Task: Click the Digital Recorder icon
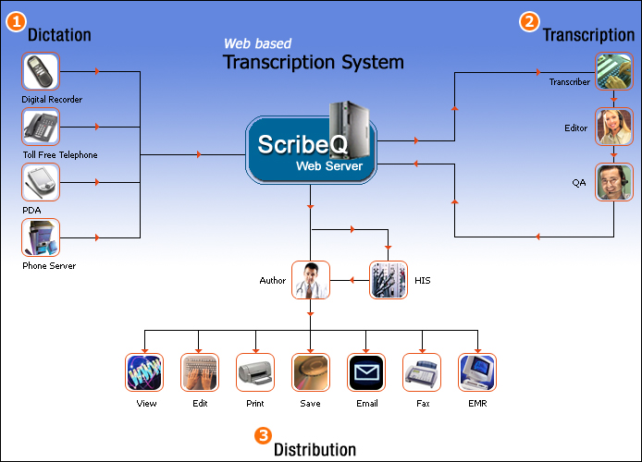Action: pyautogui.click(x=41, y=71)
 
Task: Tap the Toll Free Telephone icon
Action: pyautogui.click(x=41, y=127)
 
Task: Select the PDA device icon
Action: pyautogui.click(x=41, y=182)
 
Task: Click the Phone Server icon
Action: pyautogui.click(x=41, y=237)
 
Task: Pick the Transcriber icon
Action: pyautogui.click(x=613, y=72)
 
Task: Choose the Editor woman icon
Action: pyautogui.click(x=613, y=127)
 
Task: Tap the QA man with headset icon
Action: pyautogui.click(x=613, y=182)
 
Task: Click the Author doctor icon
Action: pyautogui.click(x=311, y=280)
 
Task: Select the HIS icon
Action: pyautogui.click(x=388, y=280)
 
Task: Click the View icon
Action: pyautogui.click(x=144, y=372)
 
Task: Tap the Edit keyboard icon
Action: pyautogui.click(x=200, y=372)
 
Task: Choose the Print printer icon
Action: pyautogui.click(x=255, y=372)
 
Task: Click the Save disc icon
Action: pyautogui.click(x=311, y=372)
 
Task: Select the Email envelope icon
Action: pyautogui.click(x=366, y=372)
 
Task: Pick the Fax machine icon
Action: pyautogui.click(x=422, y=372)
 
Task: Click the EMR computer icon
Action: pyautogui.click(x=477, y=372)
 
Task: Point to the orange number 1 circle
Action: pyautogui.click(x=16, y=22)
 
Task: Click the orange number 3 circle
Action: pyautogui.click(x=263, y=434)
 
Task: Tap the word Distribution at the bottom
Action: pyautogui.click(x=315, y=450)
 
